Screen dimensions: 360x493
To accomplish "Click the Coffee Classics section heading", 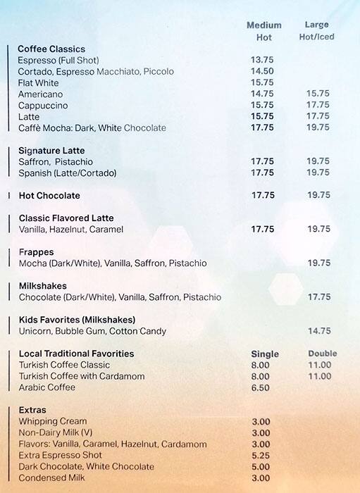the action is coord(51,49).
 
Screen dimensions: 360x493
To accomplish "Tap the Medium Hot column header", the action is coord(263,31).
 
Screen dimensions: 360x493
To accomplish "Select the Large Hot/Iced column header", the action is coord(317,30).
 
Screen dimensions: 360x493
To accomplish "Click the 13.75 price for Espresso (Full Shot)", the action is coord(262,61).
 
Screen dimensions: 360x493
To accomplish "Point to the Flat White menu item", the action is coord(38,83).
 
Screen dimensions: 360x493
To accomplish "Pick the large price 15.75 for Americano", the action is coord(318,94).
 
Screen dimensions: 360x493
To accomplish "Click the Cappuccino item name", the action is coord(43,106).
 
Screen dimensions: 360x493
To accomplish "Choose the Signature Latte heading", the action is coord(51,151).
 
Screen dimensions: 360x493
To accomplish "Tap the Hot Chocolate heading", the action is coord(49,196).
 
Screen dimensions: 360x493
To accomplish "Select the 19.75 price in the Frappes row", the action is coord(318,263).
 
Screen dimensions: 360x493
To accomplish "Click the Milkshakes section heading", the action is coord(42,286).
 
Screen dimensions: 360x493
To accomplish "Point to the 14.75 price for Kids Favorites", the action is coord(318,331).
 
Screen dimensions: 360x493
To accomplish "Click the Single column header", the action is coord(265,354).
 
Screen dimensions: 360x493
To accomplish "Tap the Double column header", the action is coord(323,354).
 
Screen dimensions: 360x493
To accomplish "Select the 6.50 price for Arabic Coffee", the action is coord(260,388).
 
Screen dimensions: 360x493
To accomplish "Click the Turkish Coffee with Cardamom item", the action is coord(82,377).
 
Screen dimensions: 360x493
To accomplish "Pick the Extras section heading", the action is coord(32,410).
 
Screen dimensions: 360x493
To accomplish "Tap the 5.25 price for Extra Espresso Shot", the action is coord(261,456).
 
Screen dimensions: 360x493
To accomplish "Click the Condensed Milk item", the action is coord(52,478).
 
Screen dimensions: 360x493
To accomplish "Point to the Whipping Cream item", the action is coord(52,422).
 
